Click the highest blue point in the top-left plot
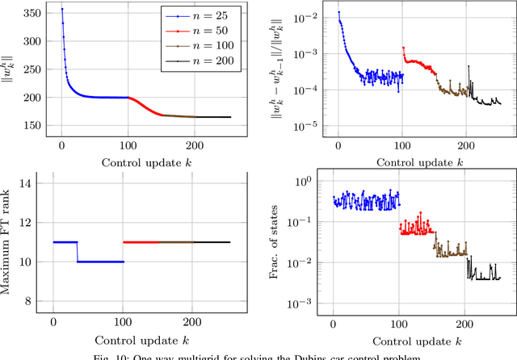(61, 9)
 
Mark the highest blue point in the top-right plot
(338, 12)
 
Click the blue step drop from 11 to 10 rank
(78, 251)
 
